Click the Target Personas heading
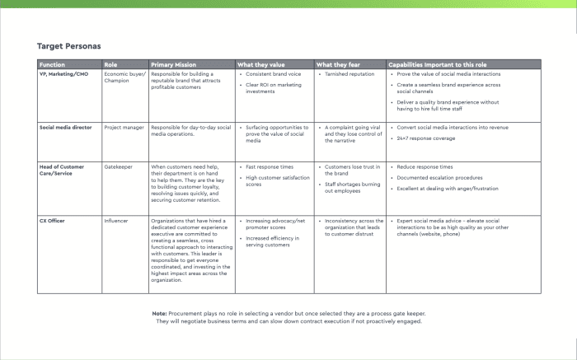point(69,46)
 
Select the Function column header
point(52,64)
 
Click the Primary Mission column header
point(174,64)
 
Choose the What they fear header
point(337,64)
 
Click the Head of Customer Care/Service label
point(63,171)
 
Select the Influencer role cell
point(117,221)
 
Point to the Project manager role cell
point(124,128)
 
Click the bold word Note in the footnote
point(160,314)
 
